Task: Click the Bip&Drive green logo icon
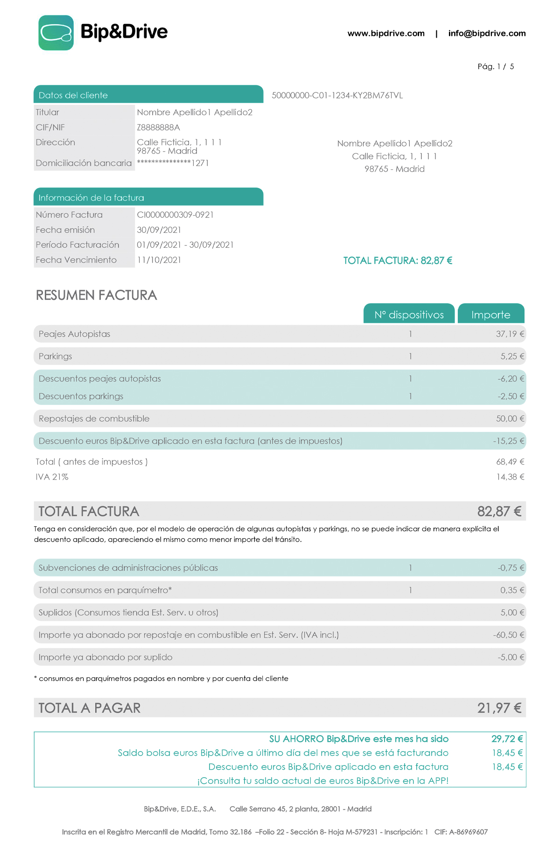[56, 33]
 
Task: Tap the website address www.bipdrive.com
[386, 34]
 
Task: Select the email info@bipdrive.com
[487, 34]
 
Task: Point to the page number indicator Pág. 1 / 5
[496, 67]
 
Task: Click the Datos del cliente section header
[73, 95]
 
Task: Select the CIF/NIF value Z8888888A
[158, 127]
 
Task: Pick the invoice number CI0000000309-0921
[175, 215]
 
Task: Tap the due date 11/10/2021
[159, 260]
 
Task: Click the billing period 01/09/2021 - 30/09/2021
[185, 245]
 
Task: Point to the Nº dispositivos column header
[409, 315]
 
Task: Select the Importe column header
[490, 315]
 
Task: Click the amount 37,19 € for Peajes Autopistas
[510, 334]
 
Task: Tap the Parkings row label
[56, 356]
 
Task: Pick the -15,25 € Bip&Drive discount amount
[508, 441]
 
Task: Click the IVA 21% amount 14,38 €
[510, 477]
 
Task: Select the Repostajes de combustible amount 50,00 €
[510, 418]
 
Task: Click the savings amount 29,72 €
[507, 739]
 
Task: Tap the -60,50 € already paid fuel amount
[508, 635]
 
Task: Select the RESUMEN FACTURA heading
[96, 295]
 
